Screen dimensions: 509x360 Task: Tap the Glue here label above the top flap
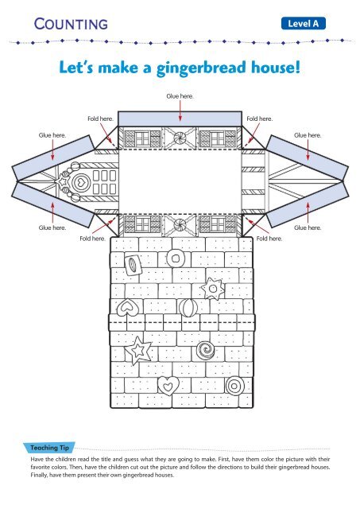pyautogui.click(x=180, y=96)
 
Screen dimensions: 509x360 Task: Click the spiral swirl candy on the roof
pyautogui.click(x=206, y=348)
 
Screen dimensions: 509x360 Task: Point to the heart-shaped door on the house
pyautogui.click(x=80, y=182)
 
